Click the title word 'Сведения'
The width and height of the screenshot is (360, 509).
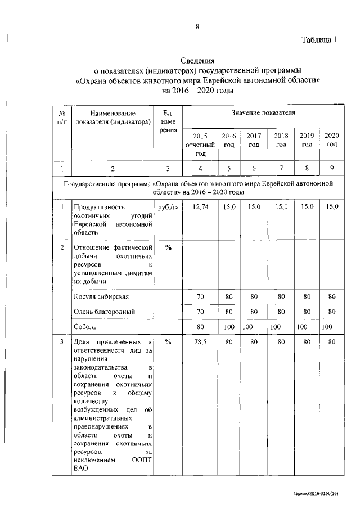197,61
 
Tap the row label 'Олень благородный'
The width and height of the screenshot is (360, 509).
105,311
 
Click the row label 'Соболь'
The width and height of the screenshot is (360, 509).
85,326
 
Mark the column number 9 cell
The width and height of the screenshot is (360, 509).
332,168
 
